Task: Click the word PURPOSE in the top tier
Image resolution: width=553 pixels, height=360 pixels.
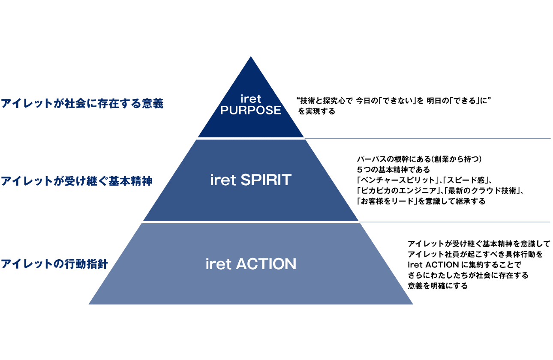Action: coord(251,110)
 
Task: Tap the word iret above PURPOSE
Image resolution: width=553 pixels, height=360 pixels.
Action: coord(251,99)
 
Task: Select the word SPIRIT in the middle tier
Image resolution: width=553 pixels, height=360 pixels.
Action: coord(266,180)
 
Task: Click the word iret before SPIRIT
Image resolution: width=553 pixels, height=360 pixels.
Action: coord(223,180)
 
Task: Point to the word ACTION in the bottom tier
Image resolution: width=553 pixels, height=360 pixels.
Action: coord(266,264)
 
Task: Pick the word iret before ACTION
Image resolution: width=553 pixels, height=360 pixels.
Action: coord(219,264)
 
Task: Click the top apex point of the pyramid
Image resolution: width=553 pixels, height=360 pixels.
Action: coord(251,57)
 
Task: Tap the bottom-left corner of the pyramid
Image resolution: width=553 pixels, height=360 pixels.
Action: coord(89,304)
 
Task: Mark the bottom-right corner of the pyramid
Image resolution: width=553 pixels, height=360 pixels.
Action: coord(412,304)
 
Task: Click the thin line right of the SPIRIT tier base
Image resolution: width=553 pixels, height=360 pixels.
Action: coord(454,222)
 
